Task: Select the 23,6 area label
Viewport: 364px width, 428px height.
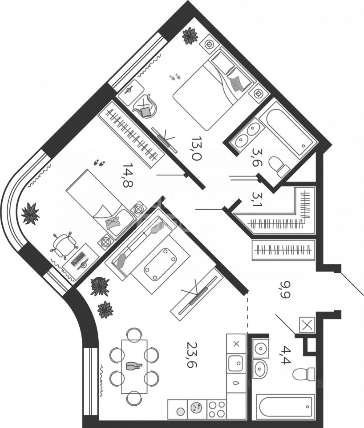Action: pyautogui.click(x=192, y=354)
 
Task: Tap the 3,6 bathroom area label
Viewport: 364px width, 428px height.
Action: pyautogui.click(x=257, y=157)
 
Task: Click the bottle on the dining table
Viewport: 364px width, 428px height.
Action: pyautogui.click(x=134, y=366)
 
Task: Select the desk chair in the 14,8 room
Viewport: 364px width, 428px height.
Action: pyautogui.click(x=63, y=244)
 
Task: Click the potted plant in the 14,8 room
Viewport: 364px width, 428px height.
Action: pyautogui.click(x=30, y=213)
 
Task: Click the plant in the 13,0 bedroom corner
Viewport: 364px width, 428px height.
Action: pyautogui.click(x=190, y=36)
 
